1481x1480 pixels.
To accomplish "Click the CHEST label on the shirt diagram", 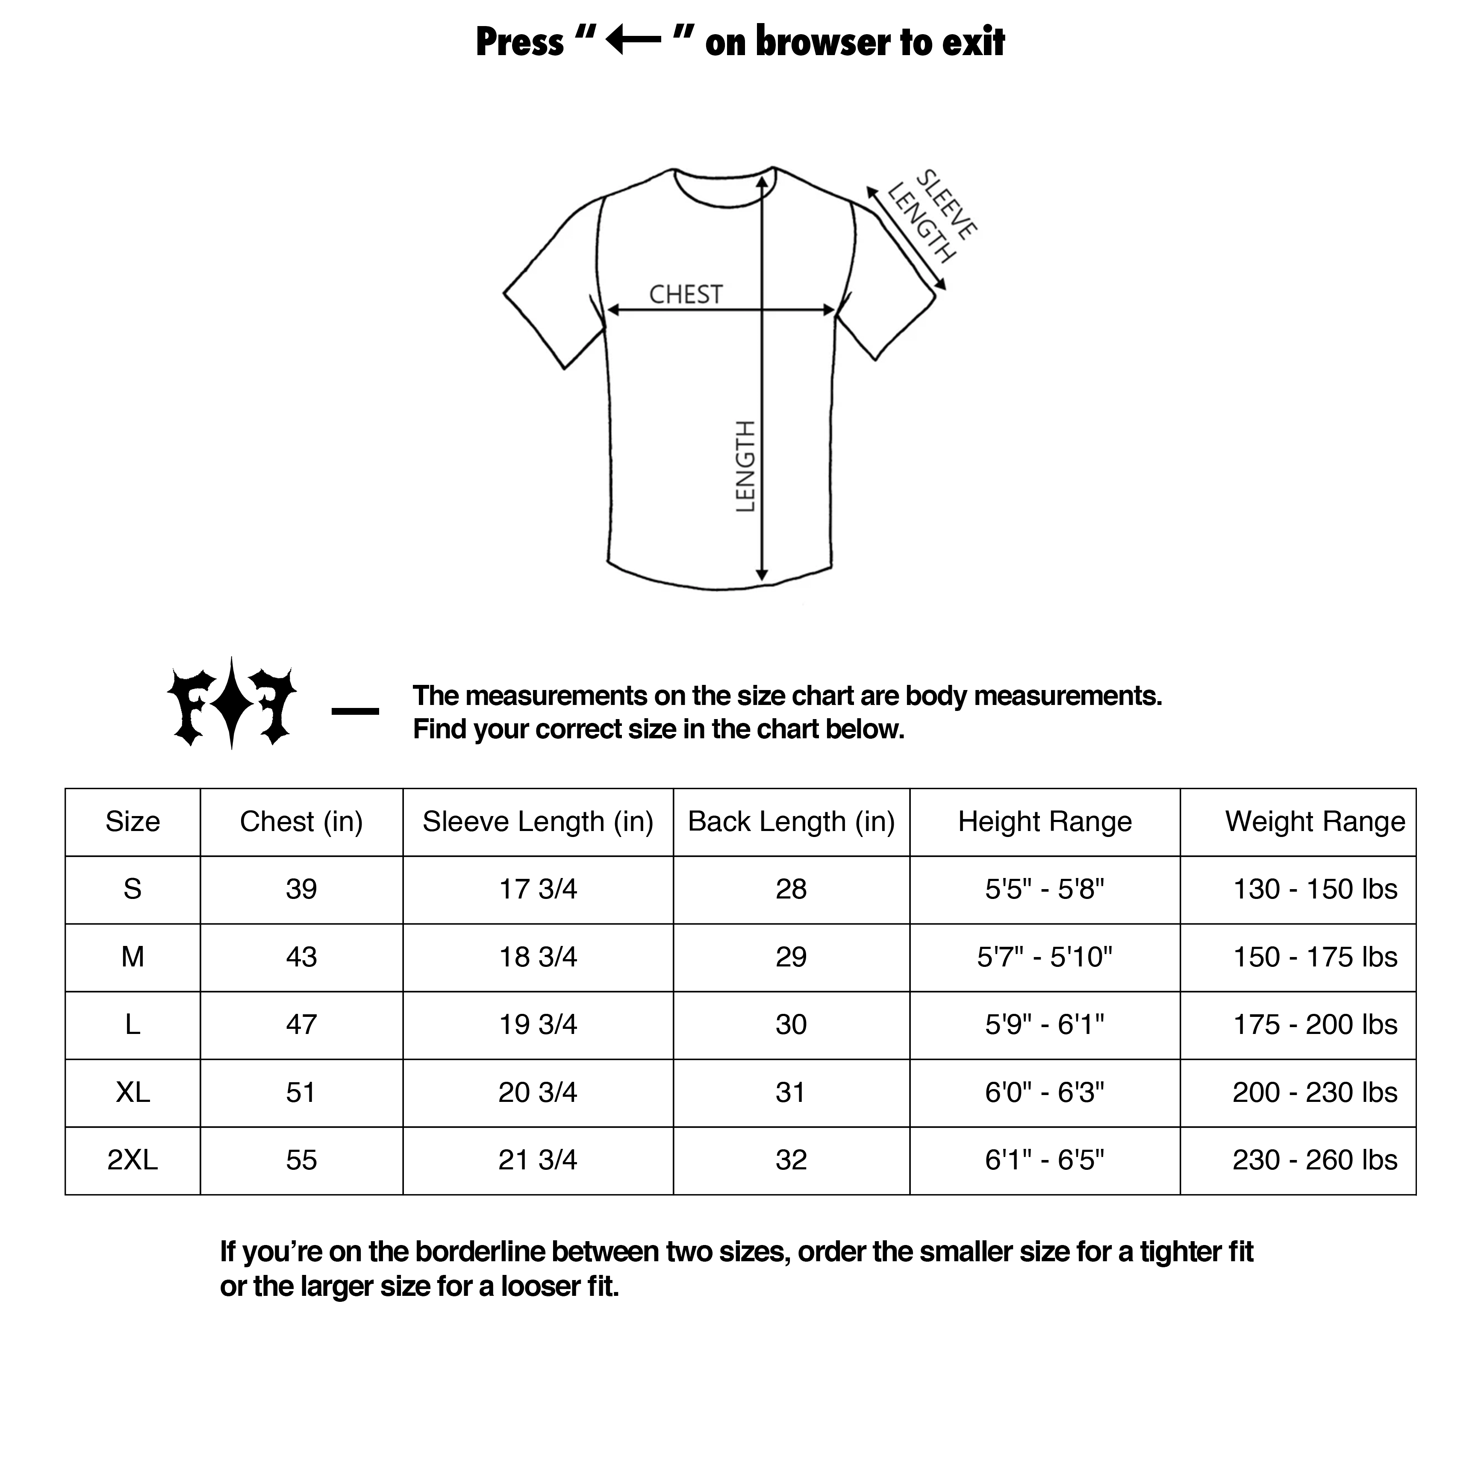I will click(685, 294).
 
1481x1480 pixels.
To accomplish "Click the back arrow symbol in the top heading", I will click(633, 41).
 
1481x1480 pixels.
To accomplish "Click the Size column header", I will click(132, 822).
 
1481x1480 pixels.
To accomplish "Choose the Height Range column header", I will click(1044, 822).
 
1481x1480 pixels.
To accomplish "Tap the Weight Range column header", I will click(1315, 822).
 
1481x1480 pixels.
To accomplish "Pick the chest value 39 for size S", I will click(301, 889).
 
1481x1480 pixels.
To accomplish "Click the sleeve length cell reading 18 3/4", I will click(537, 957).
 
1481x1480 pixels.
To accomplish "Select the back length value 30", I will click(791, 1024).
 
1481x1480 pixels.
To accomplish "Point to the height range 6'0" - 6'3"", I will click(1044, 1092).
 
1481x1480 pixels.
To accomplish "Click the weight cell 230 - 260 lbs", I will click(1315, 1160).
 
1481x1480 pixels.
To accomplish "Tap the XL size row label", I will click(132, 1092).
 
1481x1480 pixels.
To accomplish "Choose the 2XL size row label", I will click(132, 1160).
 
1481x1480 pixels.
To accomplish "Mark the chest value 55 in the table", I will click(301, 1160).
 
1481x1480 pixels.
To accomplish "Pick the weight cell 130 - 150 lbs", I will click(1315, 889).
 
